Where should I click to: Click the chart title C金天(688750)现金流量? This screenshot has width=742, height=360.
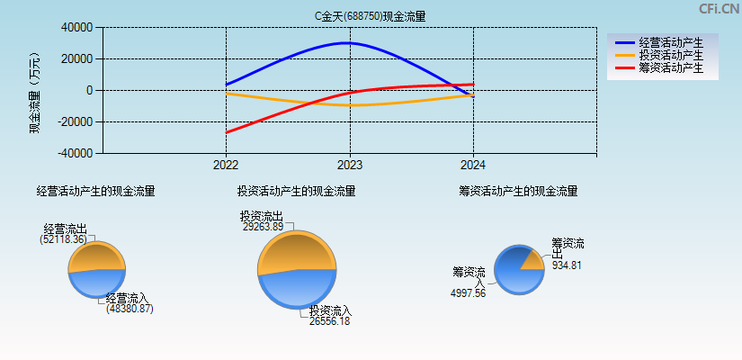[x=370, y=16]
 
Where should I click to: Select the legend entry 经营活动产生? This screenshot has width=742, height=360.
[x=670, y=42]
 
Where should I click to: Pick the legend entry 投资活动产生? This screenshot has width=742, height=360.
[x=670, y=55]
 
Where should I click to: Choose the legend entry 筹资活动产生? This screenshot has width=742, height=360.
[x=670, y=67]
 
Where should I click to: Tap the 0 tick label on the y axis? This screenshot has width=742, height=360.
[x=88, y=91]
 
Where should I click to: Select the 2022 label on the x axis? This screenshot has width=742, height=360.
[x=226, y=165]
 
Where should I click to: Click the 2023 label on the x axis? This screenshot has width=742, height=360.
[x=350, y=165]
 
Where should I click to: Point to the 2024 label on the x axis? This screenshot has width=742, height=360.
[x=473, y=165]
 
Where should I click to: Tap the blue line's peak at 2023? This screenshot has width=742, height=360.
[x=349, y=43]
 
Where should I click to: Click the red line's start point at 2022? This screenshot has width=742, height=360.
[x=226, y=132]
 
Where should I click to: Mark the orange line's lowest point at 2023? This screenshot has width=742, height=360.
[x=350, y=105]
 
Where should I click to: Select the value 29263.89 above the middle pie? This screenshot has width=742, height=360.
[x=263, y=227]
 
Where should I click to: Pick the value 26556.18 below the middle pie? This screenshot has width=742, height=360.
[x=330, y=321]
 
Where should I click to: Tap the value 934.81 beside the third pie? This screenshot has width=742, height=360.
[x=567, y=265]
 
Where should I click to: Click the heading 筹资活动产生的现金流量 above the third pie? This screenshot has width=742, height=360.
[x=517, y=191]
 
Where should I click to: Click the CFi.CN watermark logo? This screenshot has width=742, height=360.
[x=718, y=9]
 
